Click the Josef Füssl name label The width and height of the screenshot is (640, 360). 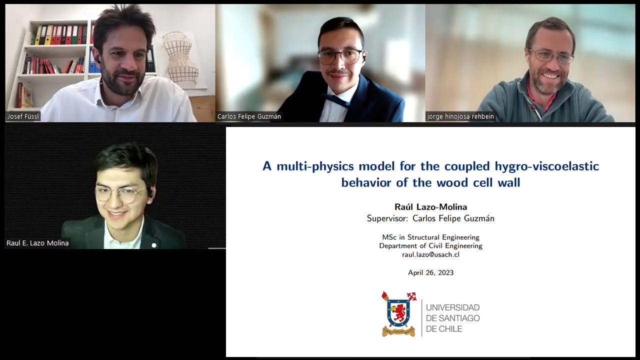click(x=23, y=116)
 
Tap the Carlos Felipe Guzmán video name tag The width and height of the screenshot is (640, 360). click(x=249, y=116)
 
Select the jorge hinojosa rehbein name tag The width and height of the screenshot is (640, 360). click(x=460, y=116)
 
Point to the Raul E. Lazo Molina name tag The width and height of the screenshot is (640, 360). click(x=37, y=243)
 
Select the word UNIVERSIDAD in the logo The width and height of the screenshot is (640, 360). click(x=452, y=307)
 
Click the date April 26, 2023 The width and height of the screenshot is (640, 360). click(x=430, y=272)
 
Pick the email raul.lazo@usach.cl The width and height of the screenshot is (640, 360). click(x=430, y=254)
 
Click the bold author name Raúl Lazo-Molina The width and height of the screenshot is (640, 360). click(x=430, y=207)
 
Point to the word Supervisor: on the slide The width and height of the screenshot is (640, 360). click(x=387, y=218)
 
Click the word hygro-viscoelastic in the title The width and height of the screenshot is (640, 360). click(x=547, y=166)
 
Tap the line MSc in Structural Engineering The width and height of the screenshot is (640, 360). click(x=430, y=237)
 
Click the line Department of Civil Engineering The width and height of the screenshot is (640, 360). click(x=430, y=245)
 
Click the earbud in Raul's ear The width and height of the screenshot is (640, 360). click(x=150, y=193)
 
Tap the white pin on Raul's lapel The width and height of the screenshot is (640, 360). click(x=154, y=245)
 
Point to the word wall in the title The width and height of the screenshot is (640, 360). click(x=509, y=182)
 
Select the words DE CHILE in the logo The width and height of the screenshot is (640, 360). click(x=444, y=329)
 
